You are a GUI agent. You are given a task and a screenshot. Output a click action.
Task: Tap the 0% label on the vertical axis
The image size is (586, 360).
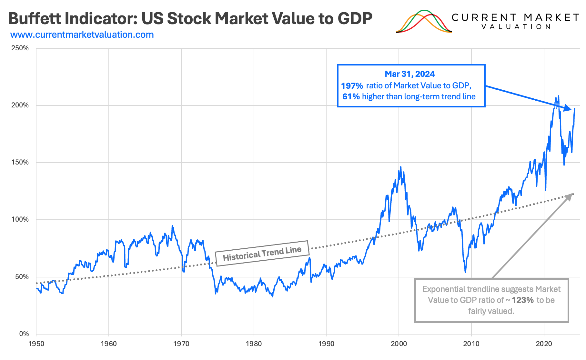click(24, 334)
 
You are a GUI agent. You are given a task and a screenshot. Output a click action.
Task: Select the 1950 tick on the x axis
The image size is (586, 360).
click(36, 344)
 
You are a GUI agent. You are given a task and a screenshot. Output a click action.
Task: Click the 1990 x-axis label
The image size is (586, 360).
click(326, 344)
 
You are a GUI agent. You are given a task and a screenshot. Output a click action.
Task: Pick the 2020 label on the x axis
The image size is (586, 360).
click(544, 344)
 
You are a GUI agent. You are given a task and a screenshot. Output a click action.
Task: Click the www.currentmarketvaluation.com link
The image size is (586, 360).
click(82, 35)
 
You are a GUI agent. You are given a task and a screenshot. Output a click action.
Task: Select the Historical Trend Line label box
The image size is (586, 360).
click(262, 253)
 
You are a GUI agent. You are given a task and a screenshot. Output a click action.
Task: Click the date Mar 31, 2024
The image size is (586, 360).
click(409, 74)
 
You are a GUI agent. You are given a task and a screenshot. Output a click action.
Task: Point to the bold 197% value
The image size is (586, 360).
click(352, 86)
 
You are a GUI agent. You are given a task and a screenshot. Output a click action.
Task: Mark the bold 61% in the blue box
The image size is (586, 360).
click(351, 97)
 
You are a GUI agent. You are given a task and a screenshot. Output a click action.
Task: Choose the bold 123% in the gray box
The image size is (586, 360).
click(522, 300)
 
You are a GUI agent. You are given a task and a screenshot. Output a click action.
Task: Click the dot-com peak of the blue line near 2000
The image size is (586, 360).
click(401, 167)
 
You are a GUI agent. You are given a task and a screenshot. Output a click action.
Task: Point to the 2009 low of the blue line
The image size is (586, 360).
click(465, 272)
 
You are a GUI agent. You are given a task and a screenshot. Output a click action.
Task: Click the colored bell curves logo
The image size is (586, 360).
click(424, 22)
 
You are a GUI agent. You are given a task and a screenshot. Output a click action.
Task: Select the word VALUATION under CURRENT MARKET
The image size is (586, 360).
click(516, 27)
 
